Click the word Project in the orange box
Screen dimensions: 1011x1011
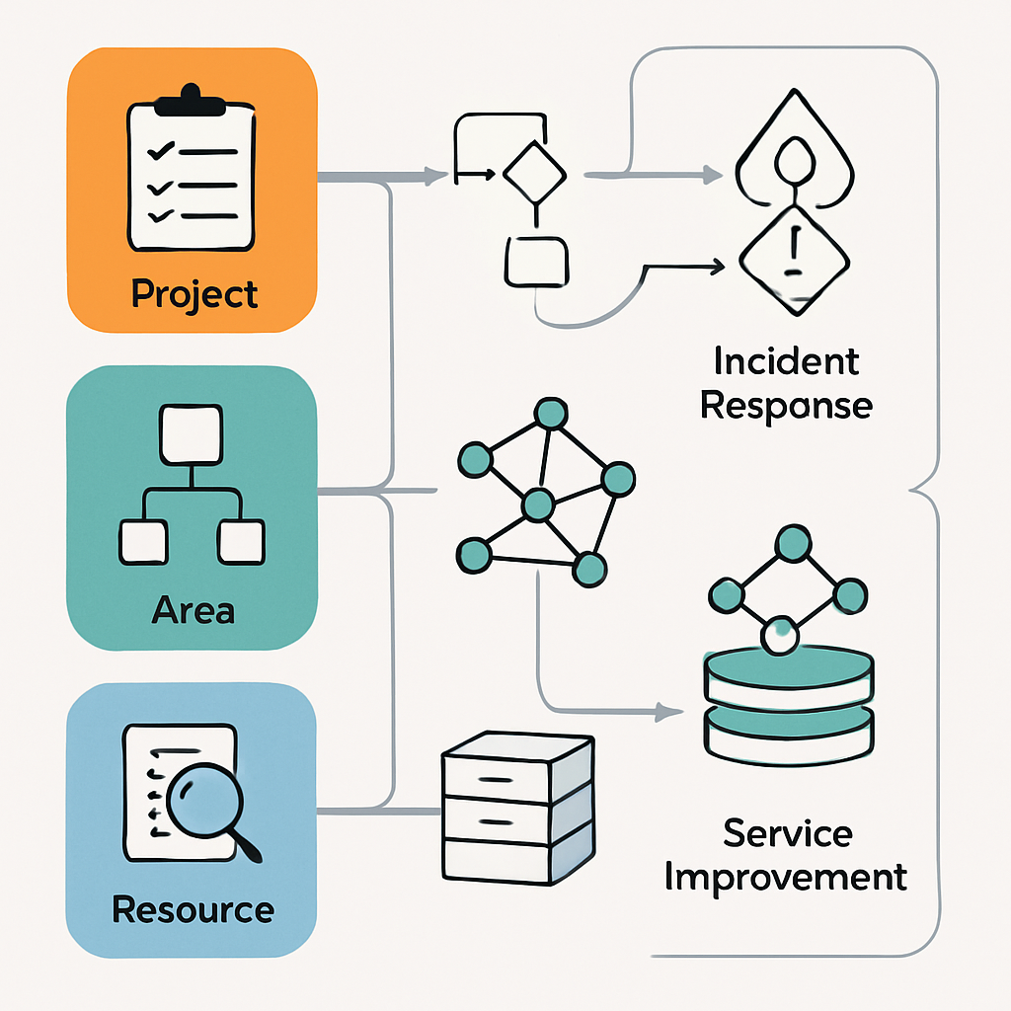point(194,294)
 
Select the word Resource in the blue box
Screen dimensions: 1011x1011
point(194,908)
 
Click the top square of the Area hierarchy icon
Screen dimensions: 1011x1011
point(192,435)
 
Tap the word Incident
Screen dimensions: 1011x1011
point(786,361)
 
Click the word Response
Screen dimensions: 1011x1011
point(786,406)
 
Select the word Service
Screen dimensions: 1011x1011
point(787,833)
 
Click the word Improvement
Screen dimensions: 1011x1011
point(786,877)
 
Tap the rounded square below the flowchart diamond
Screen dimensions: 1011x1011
point(536,261)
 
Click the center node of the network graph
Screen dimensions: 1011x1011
point(537,505)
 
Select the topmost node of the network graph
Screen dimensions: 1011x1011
point(549,414)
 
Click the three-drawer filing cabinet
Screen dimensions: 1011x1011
point(516,808)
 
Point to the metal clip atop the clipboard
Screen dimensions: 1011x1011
point(192,97)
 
